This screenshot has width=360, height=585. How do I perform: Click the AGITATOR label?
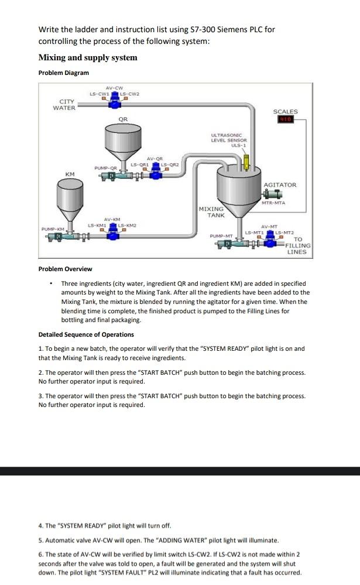pyautogui.click(x=280, y=184)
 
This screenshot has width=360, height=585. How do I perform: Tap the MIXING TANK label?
pyautogui.click(x=211, y=212)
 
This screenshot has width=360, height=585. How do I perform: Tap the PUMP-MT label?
pyautogui.click(x=221, y=235)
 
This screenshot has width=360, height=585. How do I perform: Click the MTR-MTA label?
pyautogui.click(x=273, y=203)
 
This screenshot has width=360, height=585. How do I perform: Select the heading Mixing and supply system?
pyautogui.click(x=88, y=57)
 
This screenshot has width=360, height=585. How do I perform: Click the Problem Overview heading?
pyautogui.click(x=65, y=269)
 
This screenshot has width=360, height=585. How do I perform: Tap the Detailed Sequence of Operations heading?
pyautogui.click(x=86, y=334)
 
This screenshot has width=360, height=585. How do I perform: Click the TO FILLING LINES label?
pyautogui.click(x=297, y=245)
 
